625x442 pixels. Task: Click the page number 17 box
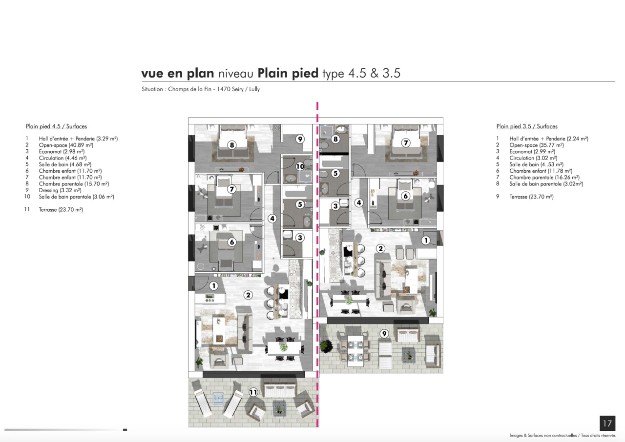pyautogui.click(x=607, y=423)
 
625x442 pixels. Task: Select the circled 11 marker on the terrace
pyautogui.click(x=253, y=392)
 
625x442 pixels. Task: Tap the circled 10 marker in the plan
pyautogui.click(x=300, y=167)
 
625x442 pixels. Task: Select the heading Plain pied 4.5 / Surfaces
pyautogui.click(x=56, y=126)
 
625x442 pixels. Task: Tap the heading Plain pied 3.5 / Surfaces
pyautogui.click(x=527, y=126)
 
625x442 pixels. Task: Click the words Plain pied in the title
pyautogui.click(x=288, y=73)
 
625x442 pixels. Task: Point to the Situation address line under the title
pyautogui.click(x=201, y=89)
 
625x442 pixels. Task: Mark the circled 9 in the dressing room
pyautogui.click(x=300, y=139)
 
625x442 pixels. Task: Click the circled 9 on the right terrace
pyautogui.click(x=384, y=334)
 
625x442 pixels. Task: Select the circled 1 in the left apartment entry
pyautogui.click(x=214, y=286)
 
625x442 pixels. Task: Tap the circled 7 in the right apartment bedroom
pyautogui.click(x=406, y=143)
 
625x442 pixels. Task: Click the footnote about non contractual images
pyautogui.click(x=562, y=436)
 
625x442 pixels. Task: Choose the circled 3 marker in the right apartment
pyautogui.click(x=335, y=206)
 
